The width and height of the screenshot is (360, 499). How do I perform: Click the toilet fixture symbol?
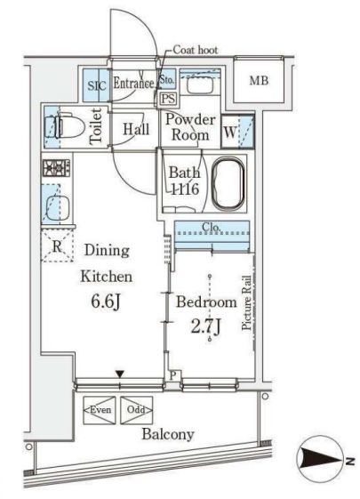[x=65, y=126]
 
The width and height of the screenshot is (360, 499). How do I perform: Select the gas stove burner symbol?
[x=56, y=168]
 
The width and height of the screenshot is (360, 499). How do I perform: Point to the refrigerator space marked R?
[x=57, y=245]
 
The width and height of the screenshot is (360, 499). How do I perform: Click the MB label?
[x=259, y=81]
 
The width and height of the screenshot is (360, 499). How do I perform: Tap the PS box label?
[x=168, y=99]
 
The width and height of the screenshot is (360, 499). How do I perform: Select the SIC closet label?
[x=97, y=85]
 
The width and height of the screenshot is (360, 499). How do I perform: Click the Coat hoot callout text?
[x=196, y=50]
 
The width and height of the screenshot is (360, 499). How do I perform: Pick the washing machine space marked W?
[x=230, y=131]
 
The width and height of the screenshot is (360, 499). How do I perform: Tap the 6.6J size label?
[x=106, y=301]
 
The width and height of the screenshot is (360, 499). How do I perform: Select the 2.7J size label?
[x=205, y=326]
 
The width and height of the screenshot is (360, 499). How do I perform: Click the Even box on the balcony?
[x=100, y=410]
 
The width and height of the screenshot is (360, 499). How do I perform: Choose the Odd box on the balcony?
[x=136, y=410]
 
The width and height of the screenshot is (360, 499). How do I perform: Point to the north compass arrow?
[x=322, y=460]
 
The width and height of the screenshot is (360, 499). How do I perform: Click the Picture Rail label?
[x=246, y=302]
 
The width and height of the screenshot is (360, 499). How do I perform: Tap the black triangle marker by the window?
[x=120, y=374]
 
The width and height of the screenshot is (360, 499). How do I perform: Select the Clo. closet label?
[x=212, y=228]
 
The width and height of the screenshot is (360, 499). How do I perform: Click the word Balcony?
[x=168, y=434]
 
